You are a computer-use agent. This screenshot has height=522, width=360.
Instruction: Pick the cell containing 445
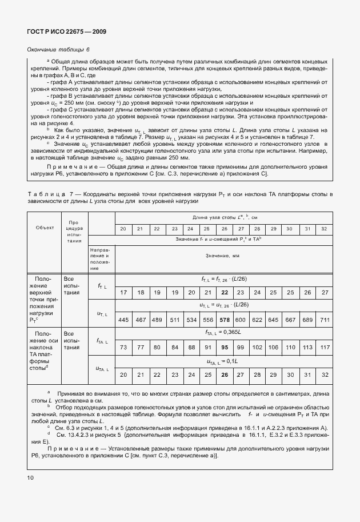[123, 319]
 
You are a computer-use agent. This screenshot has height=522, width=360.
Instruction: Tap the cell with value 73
[123, 347]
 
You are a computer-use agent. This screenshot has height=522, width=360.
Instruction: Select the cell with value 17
[123, 292]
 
